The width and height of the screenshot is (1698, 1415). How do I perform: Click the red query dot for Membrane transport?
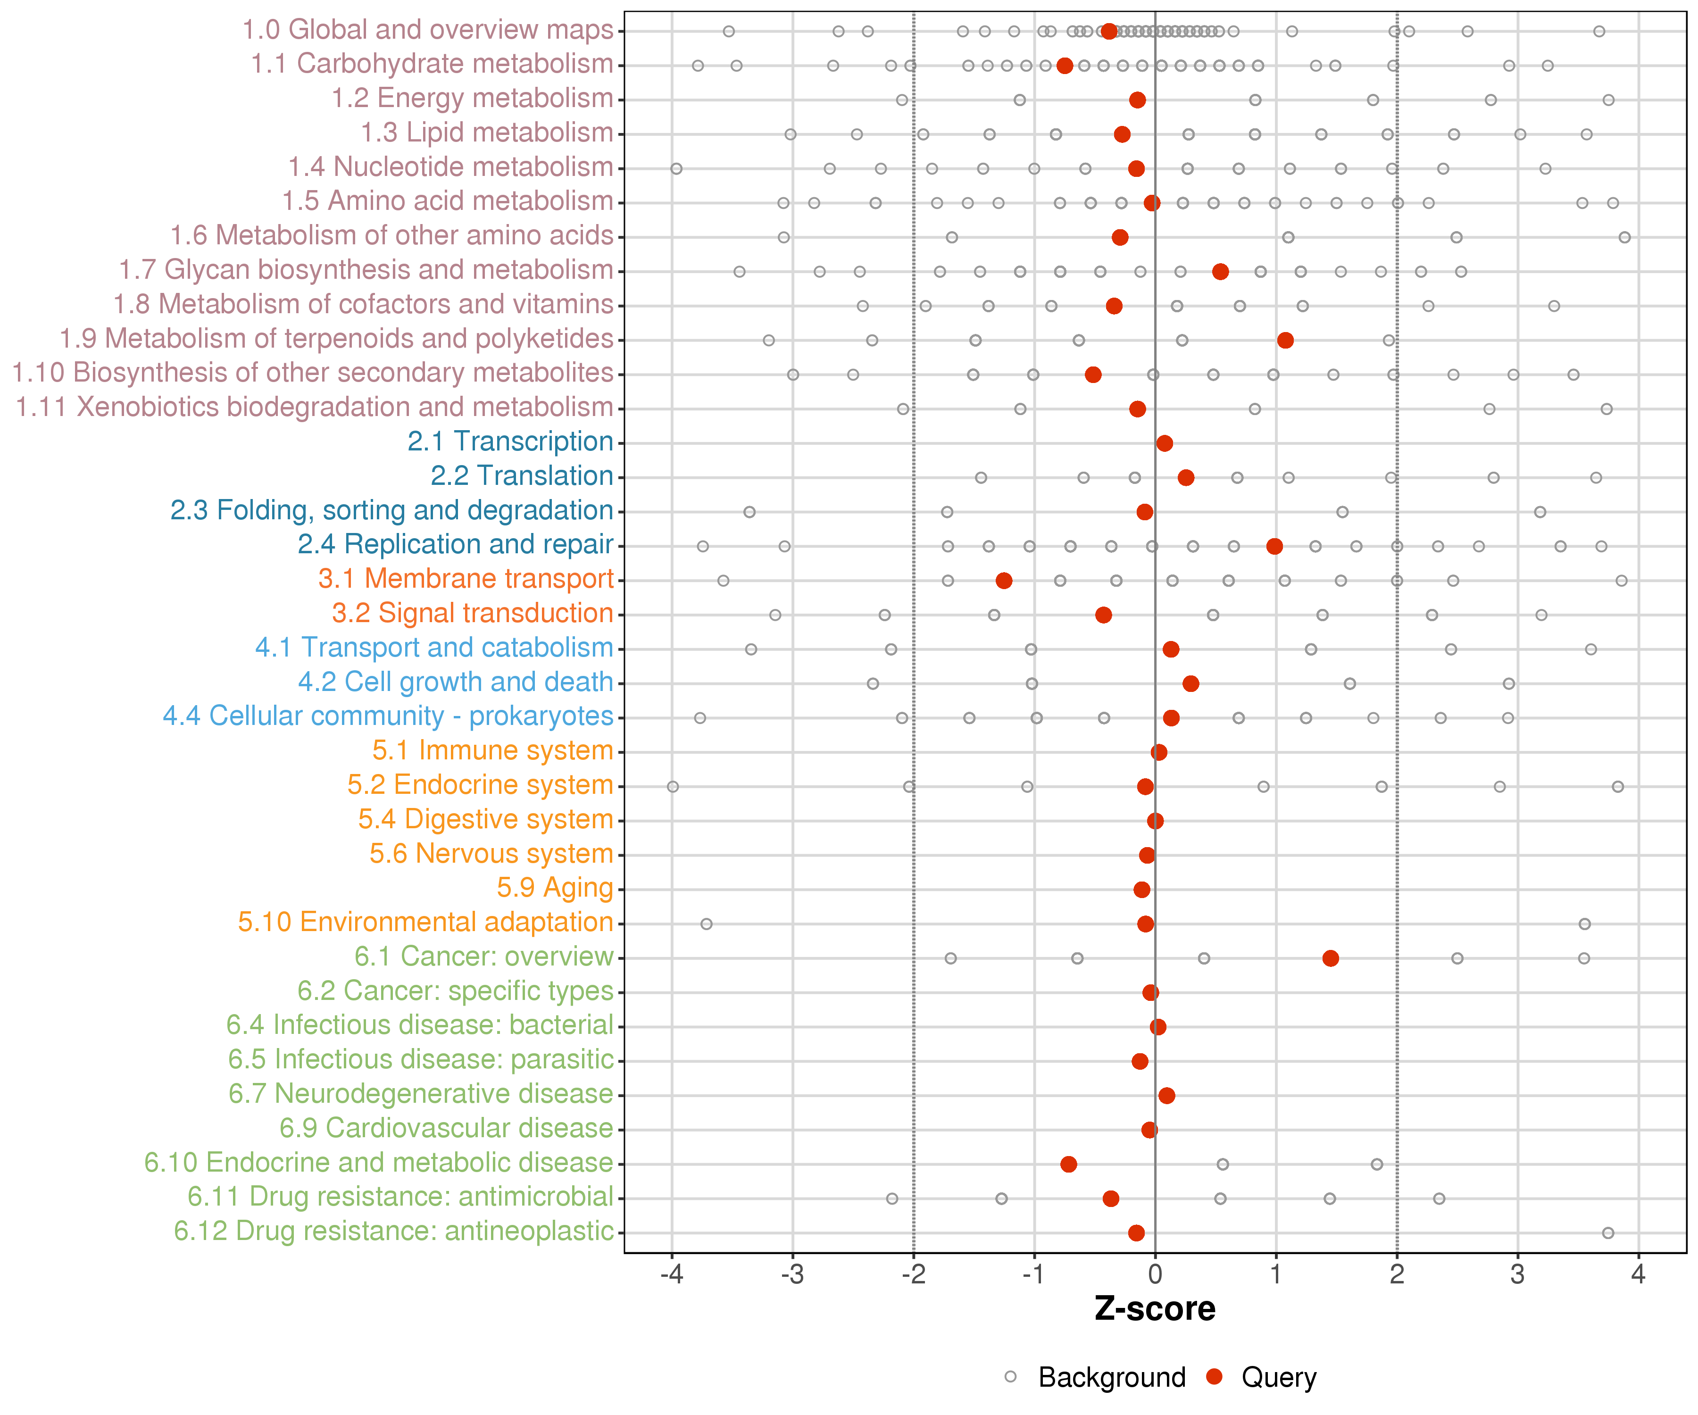1003,581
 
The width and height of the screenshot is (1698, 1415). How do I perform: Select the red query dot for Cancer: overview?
1330,958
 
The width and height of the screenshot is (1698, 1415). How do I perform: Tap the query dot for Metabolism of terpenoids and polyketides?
1285,341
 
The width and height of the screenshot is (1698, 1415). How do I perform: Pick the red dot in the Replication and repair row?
1274,547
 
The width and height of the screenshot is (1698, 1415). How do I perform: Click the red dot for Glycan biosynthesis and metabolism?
1220,272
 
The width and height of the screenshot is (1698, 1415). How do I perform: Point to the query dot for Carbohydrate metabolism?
1064,66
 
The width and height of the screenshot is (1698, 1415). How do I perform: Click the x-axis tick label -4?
671,1275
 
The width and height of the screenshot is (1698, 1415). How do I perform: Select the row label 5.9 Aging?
555,888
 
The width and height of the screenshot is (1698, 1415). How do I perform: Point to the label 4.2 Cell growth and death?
455,682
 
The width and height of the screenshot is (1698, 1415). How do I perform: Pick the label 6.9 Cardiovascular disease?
446,1128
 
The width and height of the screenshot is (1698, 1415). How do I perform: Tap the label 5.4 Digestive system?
485,819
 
